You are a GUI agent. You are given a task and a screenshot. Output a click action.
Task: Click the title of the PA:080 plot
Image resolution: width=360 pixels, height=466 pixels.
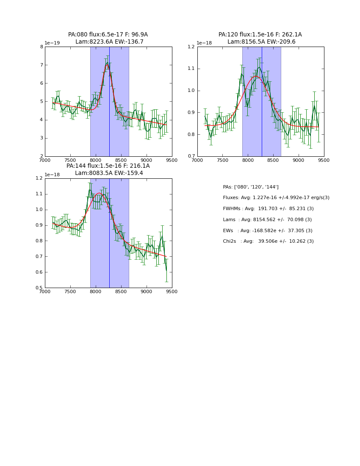[108, 38]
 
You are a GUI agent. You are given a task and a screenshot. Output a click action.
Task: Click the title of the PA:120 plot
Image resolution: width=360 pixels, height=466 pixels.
[260, 38]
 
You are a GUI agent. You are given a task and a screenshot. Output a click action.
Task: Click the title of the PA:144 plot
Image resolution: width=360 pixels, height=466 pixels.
[108, 169]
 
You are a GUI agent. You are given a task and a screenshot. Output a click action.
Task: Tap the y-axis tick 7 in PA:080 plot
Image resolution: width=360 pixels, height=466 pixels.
[42, 65]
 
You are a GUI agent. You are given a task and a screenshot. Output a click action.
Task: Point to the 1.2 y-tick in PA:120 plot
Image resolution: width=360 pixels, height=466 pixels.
[191, 47]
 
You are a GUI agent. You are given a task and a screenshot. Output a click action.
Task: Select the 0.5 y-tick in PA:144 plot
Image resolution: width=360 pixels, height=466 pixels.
[39, 288]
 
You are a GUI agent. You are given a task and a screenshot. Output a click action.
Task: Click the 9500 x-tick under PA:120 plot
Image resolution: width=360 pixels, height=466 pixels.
[324, 160]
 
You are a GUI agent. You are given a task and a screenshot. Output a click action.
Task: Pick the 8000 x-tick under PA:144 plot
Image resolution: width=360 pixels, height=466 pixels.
[96, 291]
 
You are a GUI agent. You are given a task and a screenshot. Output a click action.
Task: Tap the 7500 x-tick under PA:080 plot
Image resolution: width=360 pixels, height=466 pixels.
[70, 160]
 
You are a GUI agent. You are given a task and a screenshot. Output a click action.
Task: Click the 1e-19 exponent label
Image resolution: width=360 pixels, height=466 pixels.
[52, 43]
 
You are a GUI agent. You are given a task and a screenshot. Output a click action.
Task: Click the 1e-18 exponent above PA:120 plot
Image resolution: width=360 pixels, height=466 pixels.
[204, 43]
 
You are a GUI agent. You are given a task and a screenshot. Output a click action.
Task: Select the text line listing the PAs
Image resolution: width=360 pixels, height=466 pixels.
[251, 187]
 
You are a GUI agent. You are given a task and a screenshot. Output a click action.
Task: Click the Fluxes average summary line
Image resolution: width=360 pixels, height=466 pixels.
[276, 198]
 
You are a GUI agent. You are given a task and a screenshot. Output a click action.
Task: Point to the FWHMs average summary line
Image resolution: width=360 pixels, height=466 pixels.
[268, 208]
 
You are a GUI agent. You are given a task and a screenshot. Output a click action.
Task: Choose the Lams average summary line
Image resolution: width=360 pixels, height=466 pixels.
[267, 219]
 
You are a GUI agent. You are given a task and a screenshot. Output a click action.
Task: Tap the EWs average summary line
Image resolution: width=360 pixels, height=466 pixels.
[268, 230]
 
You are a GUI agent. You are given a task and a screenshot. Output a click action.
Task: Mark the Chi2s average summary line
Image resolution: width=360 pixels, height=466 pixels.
[268, 241]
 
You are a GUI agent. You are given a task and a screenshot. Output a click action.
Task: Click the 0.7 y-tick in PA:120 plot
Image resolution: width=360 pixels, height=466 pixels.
[191, 156]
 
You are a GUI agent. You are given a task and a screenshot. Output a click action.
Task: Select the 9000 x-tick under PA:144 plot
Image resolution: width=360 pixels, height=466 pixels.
[147, 291]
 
